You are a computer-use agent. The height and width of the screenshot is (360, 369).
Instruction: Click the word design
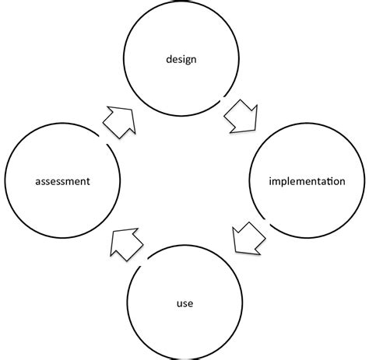pos(180,59)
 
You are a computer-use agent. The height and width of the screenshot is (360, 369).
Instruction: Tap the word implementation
pos(307,182)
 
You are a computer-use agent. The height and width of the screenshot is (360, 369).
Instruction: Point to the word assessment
pos(63,182)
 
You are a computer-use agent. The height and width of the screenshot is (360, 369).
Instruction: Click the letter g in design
pos(185,61)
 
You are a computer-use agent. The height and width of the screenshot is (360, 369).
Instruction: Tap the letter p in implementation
pos(280,183)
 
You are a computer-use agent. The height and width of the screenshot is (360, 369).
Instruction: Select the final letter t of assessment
pos(89,182)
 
